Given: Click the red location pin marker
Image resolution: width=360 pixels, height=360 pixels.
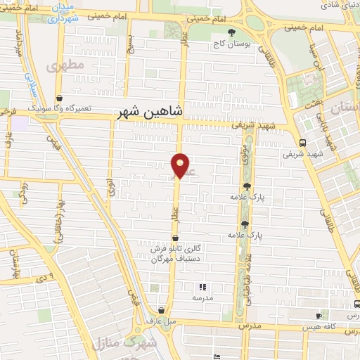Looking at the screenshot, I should tap(181, 165).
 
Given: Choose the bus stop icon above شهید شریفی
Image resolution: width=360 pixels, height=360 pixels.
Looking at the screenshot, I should tap(302, 141).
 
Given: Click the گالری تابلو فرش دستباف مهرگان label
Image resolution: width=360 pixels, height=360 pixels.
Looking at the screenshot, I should tap(175, 253).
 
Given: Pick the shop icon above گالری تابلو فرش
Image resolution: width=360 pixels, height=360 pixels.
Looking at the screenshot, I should tap(175, 238).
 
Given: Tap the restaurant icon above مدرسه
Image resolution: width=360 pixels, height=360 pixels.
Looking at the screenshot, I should tap(202, 287).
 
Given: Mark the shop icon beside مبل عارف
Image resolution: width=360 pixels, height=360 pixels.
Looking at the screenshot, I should tap(162, 310).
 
